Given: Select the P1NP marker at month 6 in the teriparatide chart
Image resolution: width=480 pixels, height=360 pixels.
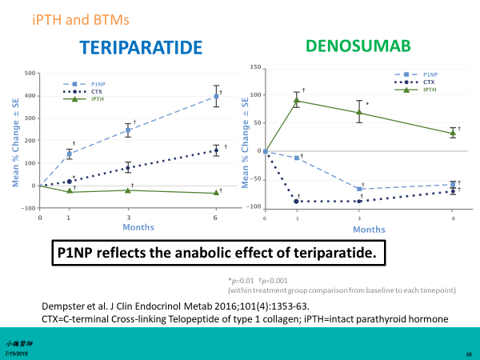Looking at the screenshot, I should [x=214, y=97].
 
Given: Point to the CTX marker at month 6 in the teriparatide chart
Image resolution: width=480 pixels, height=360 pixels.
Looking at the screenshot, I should [x=214, y=150].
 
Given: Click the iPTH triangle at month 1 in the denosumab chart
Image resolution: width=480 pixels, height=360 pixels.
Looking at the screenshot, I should [x=298, y=101].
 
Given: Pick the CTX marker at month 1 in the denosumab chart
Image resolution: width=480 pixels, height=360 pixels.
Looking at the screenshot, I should [x=298, y=202].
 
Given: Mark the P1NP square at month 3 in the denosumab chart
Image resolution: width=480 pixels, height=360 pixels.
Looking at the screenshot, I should [x=359, y=190].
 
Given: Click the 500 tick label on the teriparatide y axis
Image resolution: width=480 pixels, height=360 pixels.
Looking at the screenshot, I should [x=30, y=74].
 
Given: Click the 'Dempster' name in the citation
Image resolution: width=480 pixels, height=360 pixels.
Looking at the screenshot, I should [x=63, y=306].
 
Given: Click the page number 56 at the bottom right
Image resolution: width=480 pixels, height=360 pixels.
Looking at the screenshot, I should [x=466, y=352].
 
